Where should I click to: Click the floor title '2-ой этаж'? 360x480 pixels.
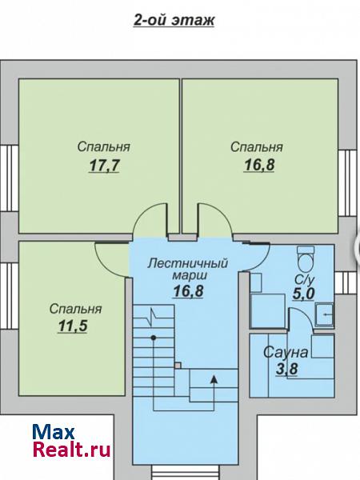coord(174,20)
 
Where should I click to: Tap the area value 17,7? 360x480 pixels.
coord(104,166)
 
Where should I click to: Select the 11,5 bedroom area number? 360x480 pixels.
coord(73,326)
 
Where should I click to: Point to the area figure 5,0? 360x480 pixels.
coord(304,294)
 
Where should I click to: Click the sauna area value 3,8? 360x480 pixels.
coord(287,369)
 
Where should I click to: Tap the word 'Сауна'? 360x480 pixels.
coord(286,352)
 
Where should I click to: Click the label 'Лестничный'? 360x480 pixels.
coord(188,263)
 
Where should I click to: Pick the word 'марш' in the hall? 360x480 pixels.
coord(190,275)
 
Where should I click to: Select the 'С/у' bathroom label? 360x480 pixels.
coord(305,280)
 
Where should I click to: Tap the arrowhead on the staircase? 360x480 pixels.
coord(214,379)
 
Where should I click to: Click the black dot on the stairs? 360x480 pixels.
coord(154,338)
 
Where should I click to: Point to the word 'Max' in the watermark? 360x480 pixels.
coord(54,432)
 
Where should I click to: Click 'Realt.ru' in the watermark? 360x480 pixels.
coord(71,450)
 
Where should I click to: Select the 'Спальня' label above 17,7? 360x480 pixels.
coord(104,147)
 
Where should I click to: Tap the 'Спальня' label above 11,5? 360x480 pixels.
coord(76,309)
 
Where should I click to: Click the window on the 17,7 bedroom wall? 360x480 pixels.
coord(9,178)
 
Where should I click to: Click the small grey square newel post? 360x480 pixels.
coord(178,366)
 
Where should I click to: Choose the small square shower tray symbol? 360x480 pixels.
coord(325,314)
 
